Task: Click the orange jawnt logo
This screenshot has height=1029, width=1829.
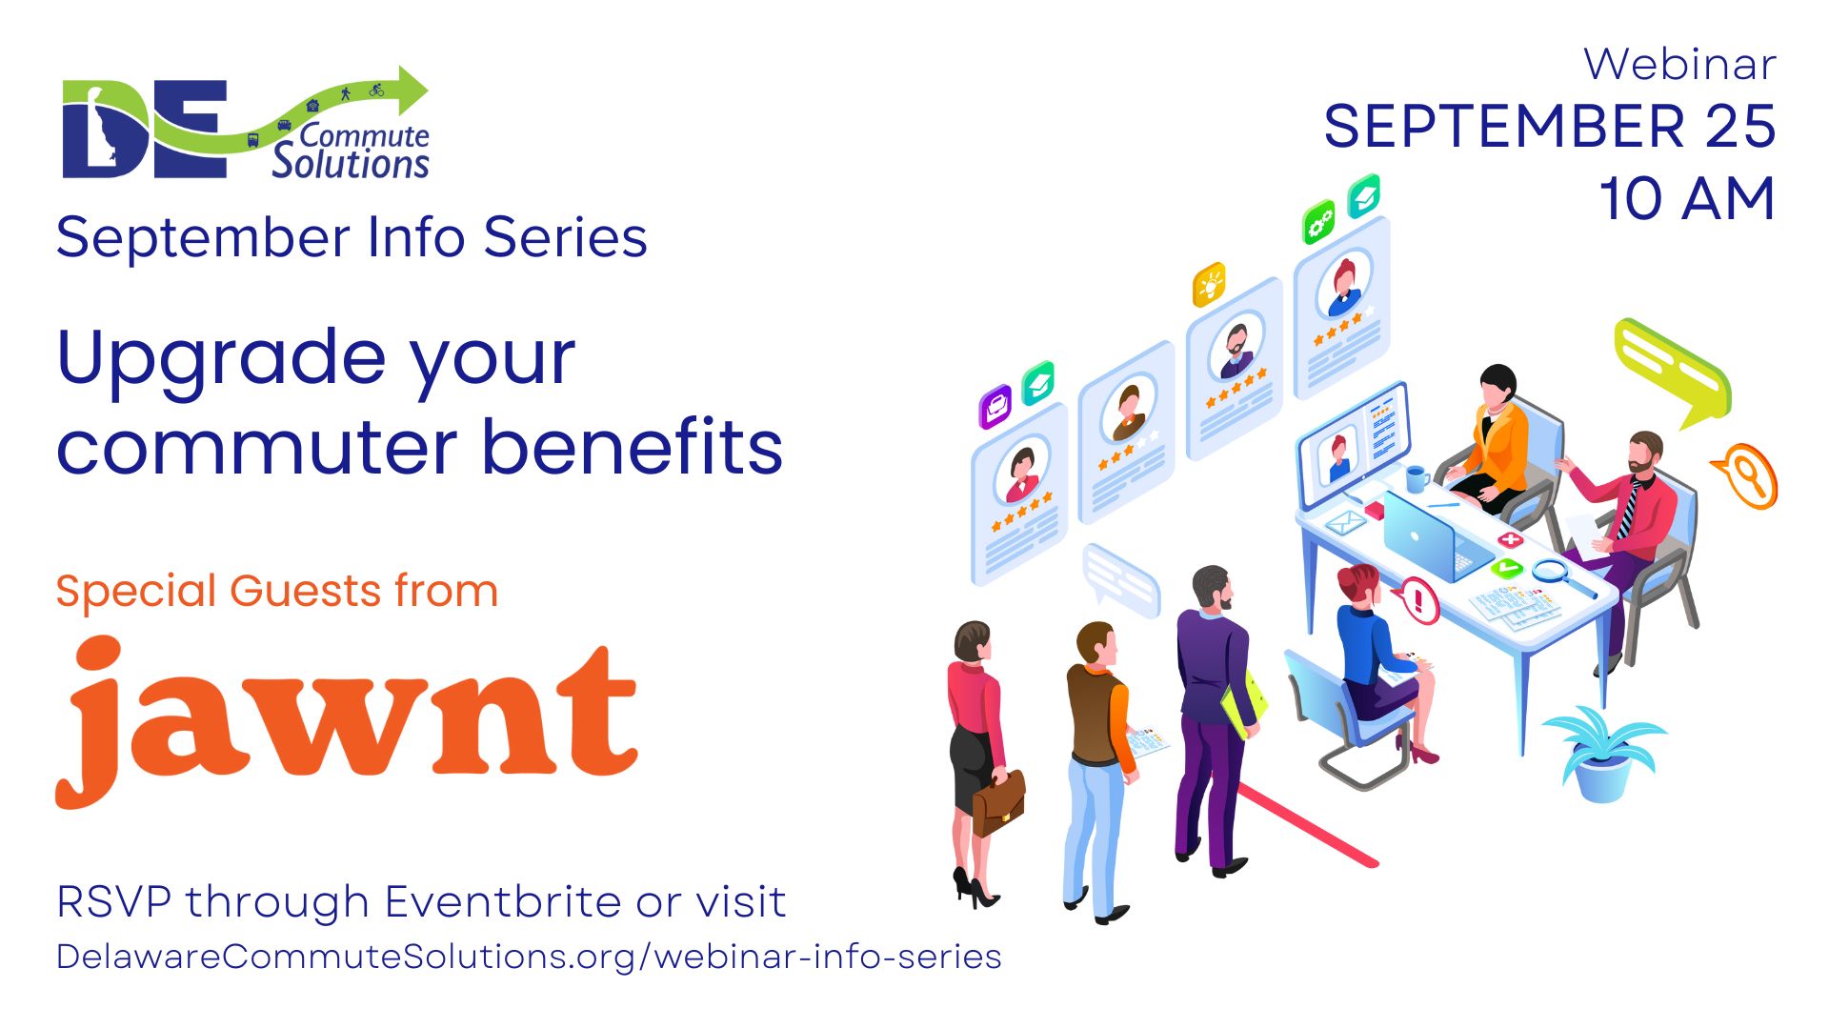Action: [347, 721]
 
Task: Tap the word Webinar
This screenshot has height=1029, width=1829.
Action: [1679, 65]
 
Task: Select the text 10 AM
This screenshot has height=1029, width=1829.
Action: [1687, 198]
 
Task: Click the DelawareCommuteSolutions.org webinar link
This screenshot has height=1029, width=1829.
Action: [529, 957]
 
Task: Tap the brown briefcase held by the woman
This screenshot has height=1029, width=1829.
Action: [998, 803]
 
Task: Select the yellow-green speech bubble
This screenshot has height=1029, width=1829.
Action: [1673, 372]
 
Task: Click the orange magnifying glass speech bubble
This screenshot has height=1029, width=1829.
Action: [1747, 475]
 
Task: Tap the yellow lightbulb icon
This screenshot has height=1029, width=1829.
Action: [1209, 285]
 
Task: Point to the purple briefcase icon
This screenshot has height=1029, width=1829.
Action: [995, 407]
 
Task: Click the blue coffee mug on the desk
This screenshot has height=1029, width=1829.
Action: [1417, 478]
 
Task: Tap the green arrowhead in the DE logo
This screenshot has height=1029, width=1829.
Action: [412, 91]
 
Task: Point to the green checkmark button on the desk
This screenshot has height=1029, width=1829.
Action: [1506, 569]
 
